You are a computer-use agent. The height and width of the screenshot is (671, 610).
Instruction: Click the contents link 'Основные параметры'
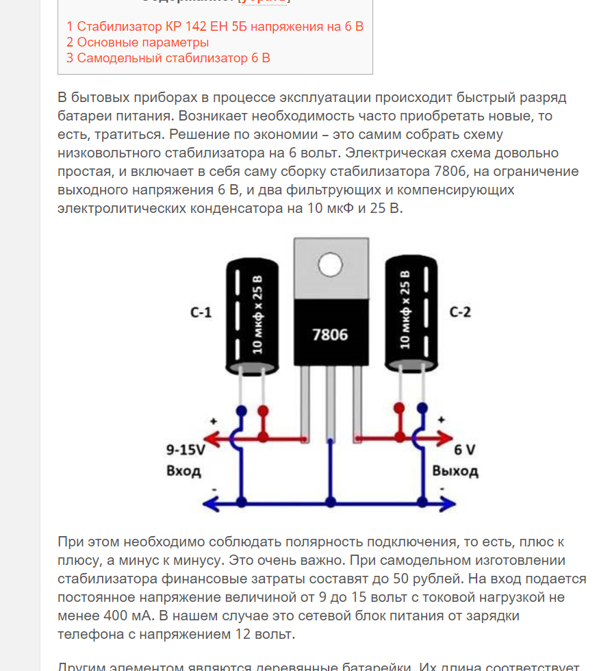point(138,42)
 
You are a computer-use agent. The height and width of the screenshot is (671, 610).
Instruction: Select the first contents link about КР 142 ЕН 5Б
point(215,27)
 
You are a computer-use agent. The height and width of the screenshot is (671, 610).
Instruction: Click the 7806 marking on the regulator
point(330,335)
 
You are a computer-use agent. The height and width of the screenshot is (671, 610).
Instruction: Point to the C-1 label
point(201,313)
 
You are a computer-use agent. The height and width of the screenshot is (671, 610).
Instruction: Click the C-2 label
point(460,313)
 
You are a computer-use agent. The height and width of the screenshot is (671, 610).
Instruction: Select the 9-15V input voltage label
point(186,451)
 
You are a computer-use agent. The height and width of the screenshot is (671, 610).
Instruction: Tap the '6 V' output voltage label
point(465,451)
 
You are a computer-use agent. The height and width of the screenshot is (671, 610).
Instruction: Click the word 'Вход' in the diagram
point(183,471)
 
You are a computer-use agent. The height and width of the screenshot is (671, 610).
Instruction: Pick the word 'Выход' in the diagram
point(455,471)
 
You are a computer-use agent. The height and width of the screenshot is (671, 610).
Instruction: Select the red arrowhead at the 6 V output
point(448,437)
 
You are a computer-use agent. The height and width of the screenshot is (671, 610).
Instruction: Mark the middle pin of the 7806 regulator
point(331,404)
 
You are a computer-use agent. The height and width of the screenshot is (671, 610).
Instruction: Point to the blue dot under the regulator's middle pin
point(331,503)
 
